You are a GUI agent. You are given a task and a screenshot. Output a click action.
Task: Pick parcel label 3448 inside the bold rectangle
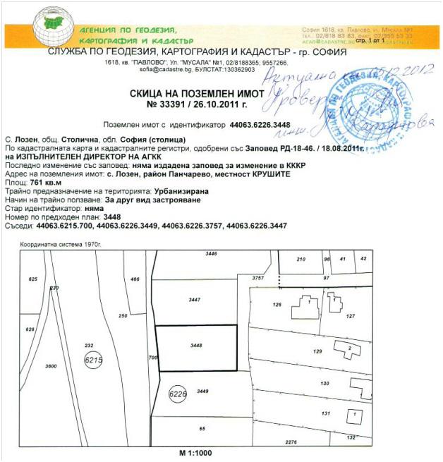pos(196,346)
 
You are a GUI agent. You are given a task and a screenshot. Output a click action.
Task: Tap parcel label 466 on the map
pos(135,280)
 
